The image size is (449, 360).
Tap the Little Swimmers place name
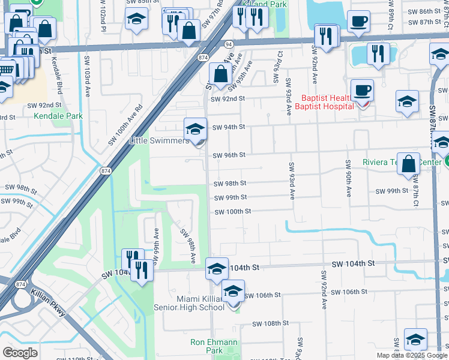tap(159, 140)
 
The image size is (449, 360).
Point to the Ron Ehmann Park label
tap(214, 346)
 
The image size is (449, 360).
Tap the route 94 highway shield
tap(229, 44)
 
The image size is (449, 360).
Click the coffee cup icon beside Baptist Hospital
tap(362, 91)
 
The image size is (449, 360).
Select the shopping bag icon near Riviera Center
tap(408, 164)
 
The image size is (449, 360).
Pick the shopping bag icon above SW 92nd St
tap(220, 75)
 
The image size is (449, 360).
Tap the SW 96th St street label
tap(229, 155)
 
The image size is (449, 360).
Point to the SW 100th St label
tap(232, 212)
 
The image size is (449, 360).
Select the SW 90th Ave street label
tap(348, 178)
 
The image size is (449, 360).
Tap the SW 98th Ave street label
tap(190, 245)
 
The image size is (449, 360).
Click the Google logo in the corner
tap(20, 352)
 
